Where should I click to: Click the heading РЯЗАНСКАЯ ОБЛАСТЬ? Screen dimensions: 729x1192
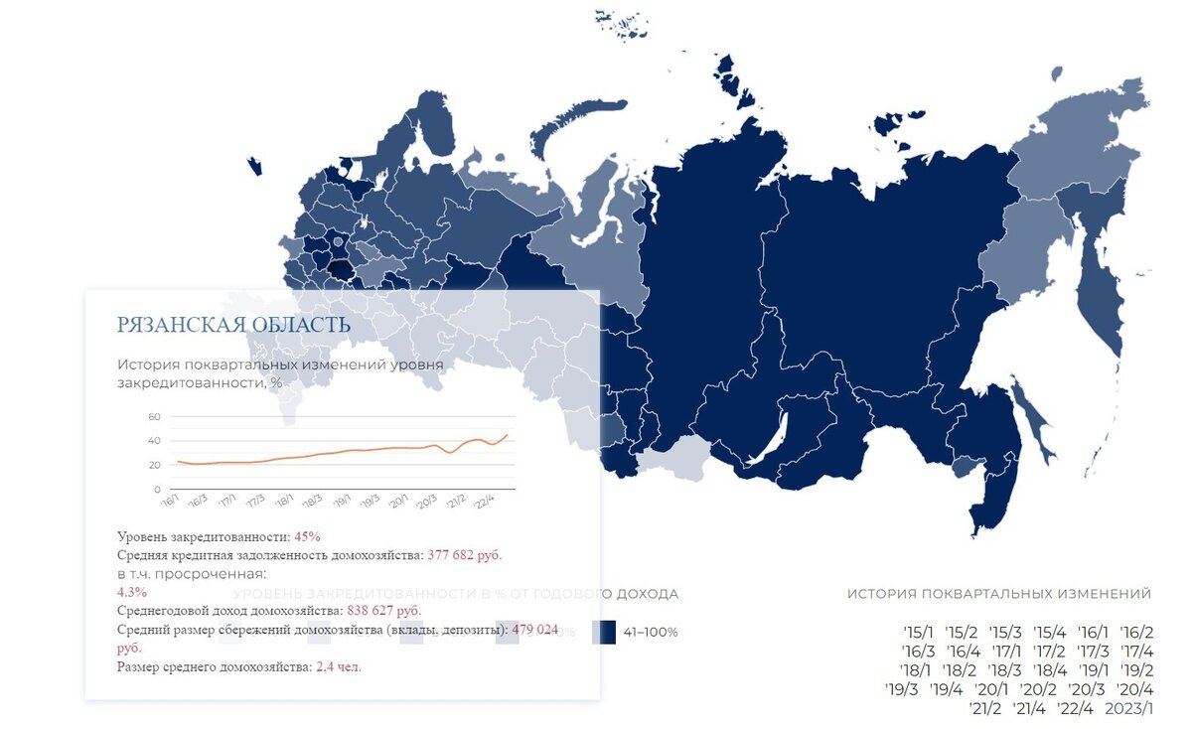click(x=233, y=325)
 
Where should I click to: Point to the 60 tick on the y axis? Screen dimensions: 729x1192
click(x=154, y=416)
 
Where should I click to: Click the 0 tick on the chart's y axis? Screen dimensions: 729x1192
click(x=157, y=490)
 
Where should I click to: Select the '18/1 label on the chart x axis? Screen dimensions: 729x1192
click(x=284, y=502)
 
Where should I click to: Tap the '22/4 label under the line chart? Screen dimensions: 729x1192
click(x=486, y=502)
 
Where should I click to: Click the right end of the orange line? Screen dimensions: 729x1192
click(x=507, y=434)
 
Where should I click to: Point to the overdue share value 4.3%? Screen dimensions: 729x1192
click(x=132, y=591)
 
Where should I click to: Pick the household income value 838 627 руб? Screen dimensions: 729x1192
click(x=383, y=610)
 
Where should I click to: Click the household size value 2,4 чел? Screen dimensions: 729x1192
click(x=339, y=666)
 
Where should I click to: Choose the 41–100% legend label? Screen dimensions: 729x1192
click(x=651, y=633)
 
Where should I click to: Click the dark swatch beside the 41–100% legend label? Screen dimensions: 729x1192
click(x=603, y=633)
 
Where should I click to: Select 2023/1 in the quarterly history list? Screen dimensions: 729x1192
click(x=1128, y=708)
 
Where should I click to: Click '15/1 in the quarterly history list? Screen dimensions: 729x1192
click(x=919, y=632)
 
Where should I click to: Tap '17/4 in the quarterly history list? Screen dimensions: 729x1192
click(x=1135, y=652)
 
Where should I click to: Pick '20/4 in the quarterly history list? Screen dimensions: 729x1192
click(x=1134, y=689)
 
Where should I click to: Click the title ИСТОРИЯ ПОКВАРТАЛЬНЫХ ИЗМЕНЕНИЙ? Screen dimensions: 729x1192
click(x=999, y=594)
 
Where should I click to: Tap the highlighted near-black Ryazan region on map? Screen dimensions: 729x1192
click(x=340, y=270)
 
